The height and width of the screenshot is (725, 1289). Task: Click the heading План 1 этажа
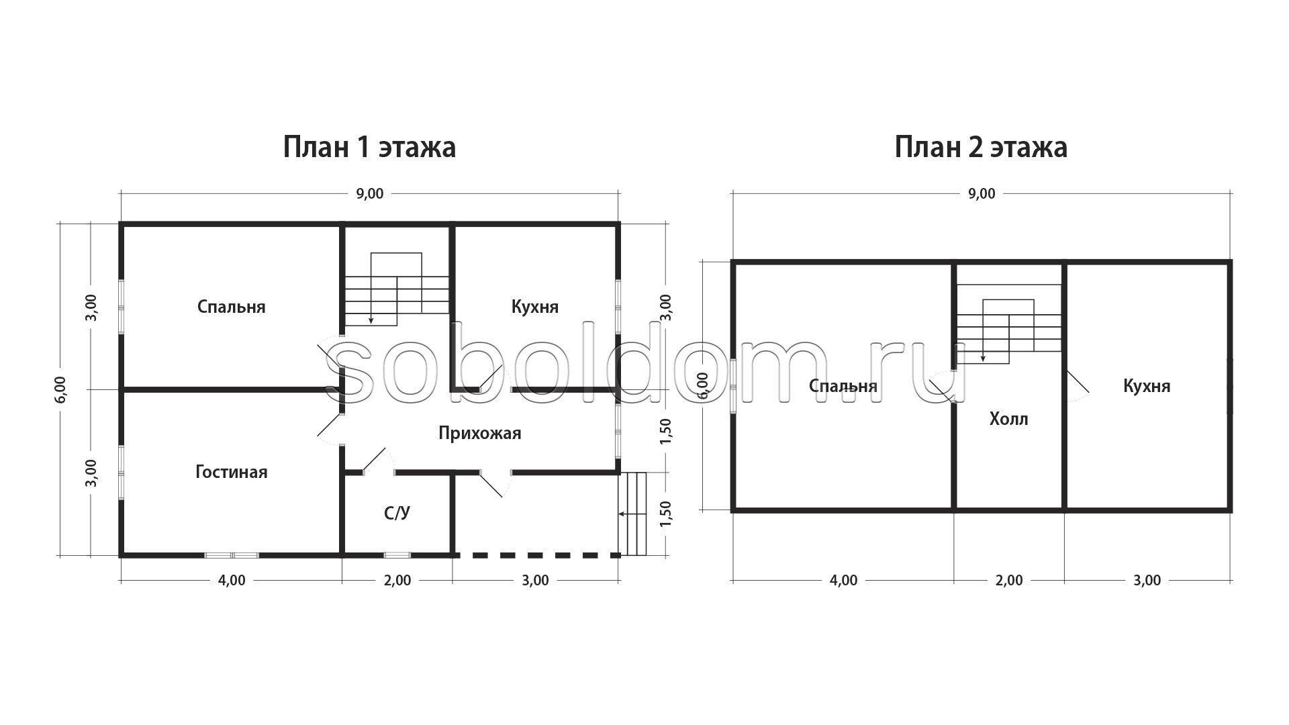pos(369,148)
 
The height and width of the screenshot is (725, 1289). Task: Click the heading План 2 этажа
pos(981,148)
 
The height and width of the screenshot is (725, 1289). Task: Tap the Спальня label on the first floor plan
pos(232,307)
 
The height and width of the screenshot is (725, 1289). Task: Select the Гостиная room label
pos(232,472)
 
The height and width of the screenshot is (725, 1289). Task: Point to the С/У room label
pos(397,514)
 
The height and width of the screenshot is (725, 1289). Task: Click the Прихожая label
pos(480,433)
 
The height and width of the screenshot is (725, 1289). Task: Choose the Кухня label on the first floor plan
pos(535,307)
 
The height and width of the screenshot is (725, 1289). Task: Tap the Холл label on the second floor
pos(1009,420)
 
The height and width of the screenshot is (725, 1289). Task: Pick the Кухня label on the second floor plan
pos(1147,386)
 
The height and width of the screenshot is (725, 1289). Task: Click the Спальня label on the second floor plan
pos(843,386)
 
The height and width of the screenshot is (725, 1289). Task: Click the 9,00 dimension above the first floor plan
pos(370,194)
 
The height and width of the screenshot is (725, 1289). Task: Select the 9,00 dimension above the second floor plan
pos(982,194)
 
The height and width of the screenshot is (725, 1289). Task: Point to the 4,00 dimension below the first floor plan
pos(232,581)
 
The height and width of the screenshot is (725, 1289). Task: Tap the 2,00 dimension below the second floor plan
pos(1009,581)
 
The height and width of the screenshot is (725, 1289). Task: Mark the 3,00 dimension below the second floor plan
pos(1147,581)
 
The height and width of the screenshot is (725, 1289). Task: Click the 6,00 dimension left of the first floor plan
pos(60,389)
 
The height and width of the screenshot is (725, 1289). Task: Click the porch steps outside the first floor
pos(632,514)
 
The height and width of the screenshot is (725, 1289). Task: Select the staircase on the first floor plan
pos(397,289)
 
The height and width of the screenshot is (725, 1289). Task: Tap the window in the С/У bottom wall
pos(397,555)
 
